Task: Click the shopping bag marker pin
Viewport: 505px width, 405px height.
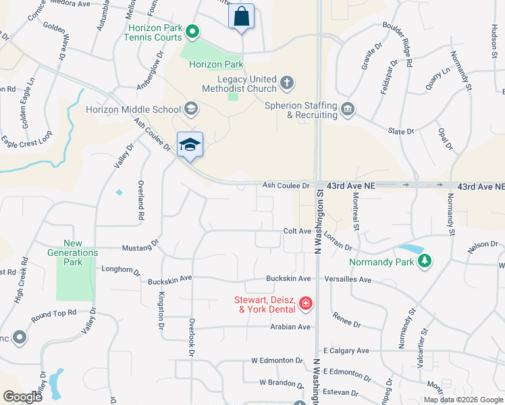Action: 242,17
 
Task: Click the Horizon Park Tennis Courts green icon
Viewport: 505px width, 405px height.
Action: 192,31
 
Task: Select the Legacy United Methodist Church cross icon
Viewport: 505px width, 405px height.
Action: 287,83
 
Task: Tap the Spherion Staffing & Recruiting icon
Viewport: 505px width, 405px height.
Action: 347,109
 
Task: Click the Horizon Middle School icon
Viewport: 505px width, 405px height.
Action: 191,109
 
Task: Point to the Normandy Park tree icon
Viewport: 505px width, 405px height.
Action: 424,262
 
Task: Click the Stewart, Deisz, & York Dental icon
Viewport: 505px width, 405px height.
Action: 306,304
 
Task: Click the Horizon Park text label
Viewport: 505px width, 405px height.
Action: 216,65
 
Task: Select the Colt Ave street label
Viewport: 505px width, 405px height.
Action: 297,231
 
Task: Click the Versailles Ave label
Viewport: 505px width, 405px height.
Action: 347,279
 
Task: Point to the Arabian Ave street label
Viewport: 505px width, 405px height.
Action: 290,327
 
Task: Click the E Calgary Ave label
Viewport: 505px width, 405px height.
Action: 346,351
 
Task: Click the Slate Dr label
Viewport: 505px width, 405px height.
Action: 400,131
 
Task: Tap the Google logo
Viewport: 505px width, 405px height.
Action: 22,396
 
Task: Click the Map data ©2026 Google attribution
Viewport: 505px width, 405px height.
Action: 463,400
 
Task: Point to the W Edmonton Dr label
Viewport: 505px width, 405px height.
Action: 277,361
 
